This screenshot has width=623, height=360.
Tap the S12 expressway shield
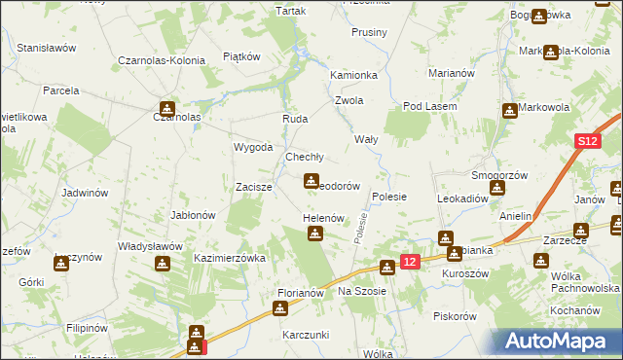pos(585,142)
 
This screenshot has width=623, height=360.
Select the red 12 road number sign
pos(410,261)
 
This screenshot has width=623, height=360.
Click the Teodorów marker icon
pos(311,181)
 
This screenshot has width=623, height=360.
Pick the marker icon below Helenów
pos(315,234)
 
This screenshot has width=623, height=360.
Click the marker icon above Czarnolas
pos(167,109)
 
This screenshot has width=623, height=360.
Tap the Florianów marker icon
pos(280,309)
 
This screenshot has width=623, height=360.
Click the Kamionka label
pos(353,75)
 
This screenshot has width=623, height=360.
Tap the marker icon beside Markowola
pos(508,111)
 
